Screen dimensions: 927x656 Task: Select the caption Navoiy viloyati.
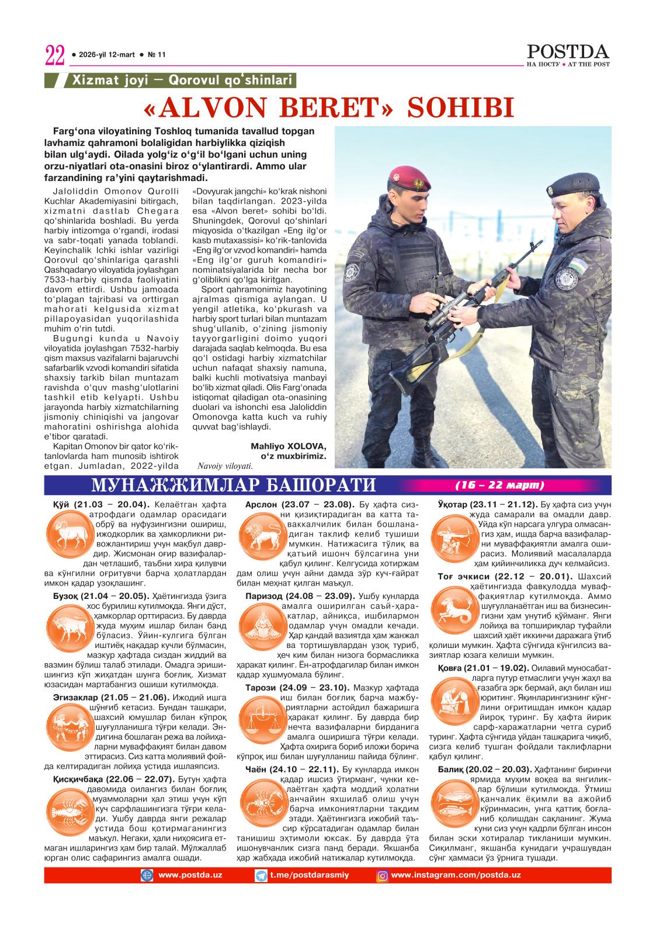point(225,466)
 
